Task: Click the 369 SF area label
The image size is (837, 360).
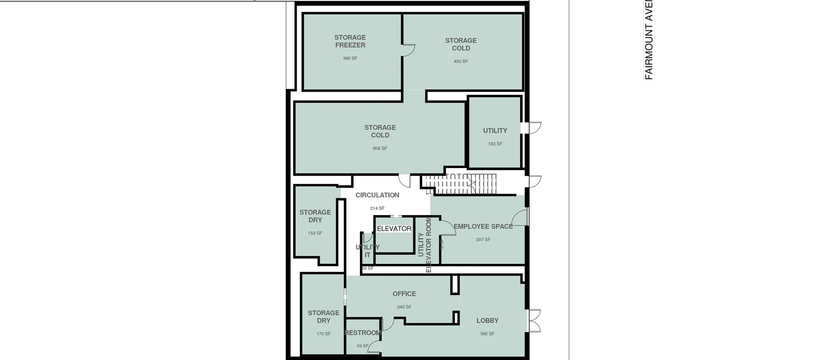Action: point(350,58)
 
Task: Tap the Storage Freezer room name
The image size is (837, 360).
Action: point(350,41)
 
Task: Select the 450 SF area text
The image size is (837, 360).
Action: point(461,61)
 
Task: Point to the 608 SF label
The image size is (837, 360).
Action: point(380,148)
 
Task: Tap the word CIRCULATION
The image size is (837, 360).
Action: point(377,195)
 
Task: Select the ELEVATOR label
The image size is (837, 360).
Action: point(394,228)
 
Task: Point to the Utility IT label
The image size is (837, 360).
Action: point(367,251)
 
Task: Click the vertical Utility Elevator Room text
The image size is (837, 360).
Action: point(425,244)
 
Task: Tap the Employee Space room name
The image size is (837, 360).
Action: point(483,226)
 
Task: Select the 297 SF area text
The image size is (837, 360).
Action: point(483,240)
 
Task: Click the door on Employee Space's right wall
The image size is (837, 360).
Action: point(519,217)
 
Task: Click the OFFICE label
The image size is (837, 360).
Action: point(404,294)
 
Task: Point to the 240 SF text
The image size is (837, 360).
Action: point(404,307)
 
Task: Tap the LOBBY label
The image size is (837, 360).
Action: point(487,320)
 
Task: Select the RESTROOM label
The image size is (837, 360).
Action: point(363,333)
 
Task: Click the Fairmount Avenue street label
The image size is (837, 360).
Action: point(650,40)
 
